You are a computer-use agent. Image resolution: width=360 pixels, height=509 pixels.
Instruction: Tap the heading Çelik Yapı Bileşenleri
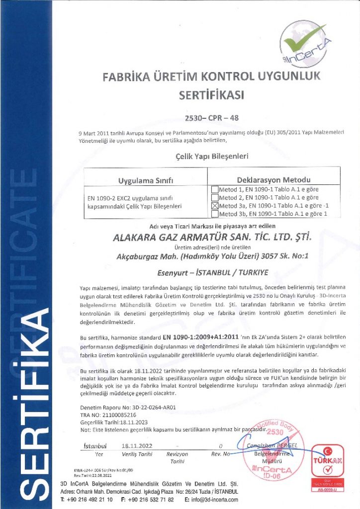click(x=208, y=156)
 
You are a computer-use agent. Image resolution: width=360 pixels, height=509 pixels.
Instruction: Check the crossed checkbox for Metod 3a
click(x=215, y=206)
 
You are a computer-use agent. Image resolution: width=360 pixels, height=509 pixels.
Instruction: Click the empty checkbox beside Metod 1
click(x=215, y=189)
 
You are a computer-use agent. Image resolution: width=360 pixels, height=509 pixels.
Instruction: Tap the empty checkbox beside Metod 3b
click(x=215, y=214)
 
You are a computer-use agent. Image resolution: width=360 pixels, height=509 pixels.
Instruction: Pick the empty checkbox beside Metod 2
click(x=215, y=197)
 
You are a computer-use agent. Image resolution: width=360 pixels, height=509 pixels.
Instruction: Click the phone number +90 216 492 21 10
click(x=86, y=499)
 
